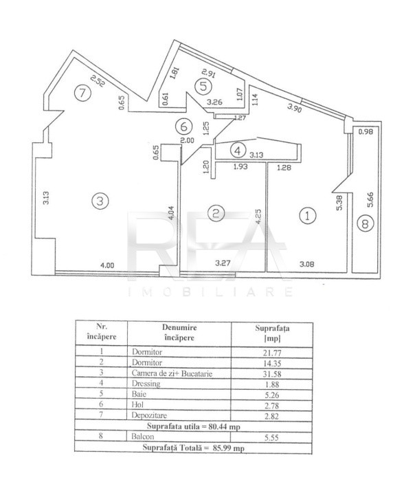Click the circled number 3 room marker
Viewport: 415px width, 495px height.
point(100,201)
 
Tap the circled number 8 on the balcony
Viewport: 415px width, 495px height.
point(365,224)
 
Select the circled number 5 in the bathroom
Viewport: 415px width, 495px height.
point(203,86)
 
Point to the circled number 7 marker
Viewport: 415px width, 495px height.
point(82,93)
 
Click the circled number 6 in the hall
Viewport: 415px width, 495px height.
point(183,126)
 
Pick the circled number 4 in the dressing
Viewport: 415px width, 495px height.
point(238,151)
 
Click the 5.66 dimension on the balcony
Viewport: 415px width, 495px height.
point(371,199)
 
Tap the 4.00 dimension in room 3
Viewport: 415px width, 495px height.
point(107,265)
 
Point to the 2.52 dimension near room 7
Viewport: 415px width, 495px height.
point(97,80)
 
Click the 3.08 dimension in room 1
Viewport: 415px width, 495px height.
point(306,264)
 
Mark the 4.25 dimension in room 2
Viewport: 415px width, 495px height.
point(258,217)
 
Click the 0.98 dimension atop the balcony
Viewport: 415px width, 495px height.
point(366,131)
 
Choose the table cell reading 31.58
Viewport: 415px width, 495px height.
point(272,374)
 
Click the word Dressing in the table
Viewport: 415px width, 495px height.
point(146,384)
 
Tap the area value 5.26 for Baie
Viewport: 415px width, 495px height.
point(272,395)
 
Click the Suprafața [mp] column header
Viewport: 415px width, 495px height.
point(272,333)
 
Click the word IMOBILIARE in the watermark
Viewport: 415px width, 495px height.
point(210,291)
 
